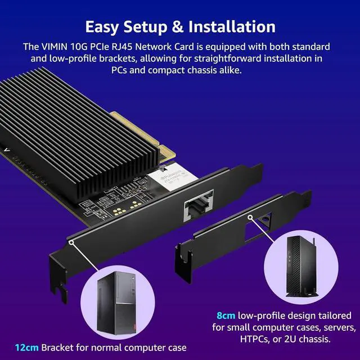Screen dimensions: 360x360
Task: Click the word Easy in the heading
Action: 104,26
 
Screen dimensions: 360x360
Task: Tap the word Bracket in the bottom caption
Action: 57,347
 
